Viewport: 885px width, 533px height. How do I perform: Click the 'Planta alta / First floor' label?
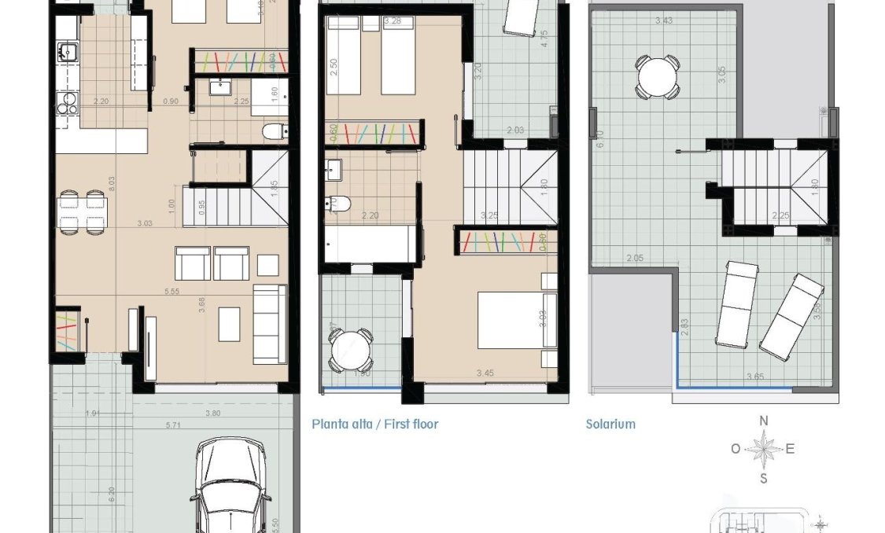(x=374, y=424)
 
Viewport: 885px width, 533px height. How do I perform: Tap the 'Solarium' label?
(x=610, y=424)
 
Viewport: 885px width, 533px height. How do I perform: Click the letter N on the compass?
(x=763, y=421)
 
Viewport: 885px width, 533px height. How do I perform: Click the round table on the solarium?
(x=657, y=77)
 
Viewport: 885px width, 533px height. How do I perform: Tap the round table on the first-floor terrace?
(x=351, y=350)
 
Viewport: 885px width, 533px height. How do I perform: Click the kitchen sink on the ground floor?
(x=66, y=53)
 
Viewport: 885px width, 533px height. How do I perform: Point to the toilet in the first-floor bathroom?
(x=332, y=204)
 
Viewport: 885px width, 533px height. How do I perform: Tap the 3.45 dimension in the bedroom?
(x=485, y=373)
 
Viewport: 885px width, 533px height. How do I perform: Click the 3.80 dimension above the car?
(x=212, y=414)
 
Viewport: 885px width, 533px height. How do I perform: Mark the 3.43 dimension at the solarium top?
(x=664, y=20)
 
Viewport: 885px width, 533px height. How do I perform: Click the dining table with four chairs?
(x=83, y=212)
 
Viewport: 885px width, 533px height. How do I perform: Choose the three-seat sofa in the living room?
(x=269, y=324)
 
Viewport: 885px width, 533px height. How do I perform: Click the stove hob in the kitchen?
(x=66, y=102)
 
